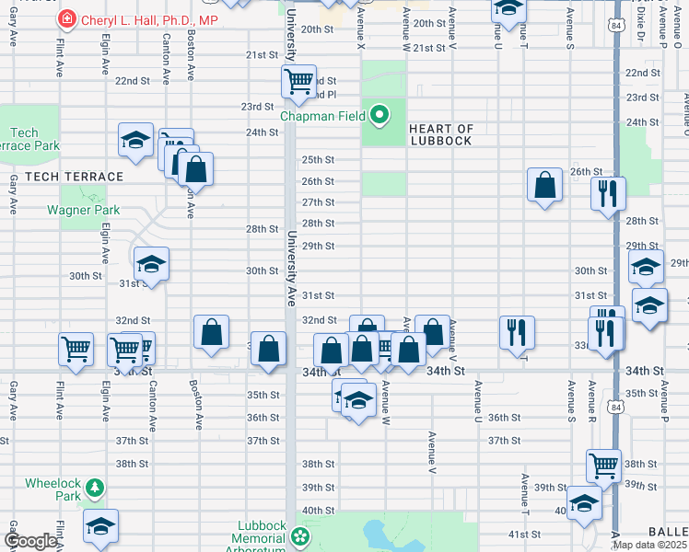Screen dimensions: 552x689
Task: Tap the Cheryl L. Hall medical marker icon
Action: [x=67, y=19]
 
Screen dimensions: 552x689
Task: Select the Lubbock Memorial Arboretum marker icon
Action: [x=299, y=535]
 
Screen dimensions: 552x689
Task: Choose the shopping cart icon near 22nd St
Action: [x=298, y=82]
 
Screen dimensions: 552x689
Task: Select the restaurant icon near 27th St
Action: [x=607, y=193]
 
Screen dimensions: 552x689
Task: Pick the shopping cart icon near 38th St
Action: [x=603, y=466]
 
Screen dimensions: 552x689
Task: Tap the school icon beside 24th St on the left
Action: [x=136, y=141]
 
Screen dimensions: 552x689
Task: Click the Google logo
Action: [x=31, y=541]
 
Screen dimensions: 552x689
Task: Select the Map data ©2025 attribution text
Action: [x=648, y=545]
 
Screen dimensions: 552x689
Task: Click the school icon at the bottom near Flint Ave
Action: [x=100, y=526]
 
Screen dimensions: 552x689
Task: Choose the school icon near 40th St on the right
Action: [x=584, y=502]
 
